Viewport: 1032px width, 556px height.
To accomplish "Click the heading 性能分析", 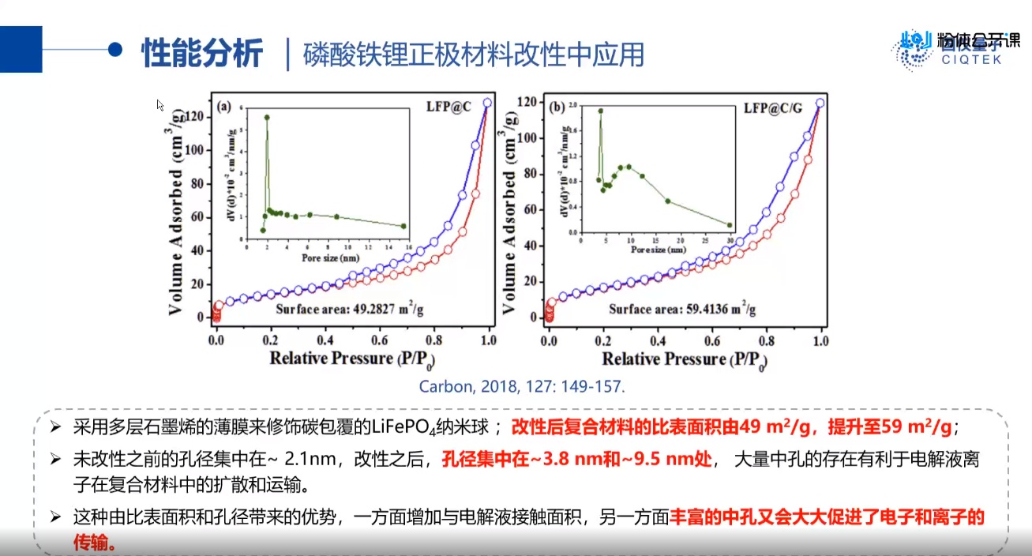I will coord(201,53).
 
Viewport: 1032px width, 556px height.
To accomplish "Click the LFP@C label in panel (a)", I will coord(448,107).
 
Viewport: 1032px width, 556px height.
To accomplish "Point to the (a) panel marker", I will coord(224,107).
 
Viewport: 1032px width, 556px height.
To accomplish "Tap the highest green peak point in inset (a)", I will coord(267,117).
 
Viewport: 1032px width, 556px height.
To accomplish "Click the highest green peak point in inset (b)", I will coord(601,111).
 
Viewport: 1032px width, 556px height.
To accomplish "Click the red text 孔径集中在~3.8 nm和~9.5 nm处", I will coord(577,459).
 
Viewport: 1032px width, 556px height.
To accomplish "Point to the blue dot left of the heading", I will coord(115,49).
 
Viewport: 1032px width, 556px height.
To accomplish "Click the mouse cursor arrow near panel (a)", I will coord(160,104).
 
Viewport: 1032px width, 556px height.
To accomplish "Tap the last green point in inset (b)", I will coord(730,225).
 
